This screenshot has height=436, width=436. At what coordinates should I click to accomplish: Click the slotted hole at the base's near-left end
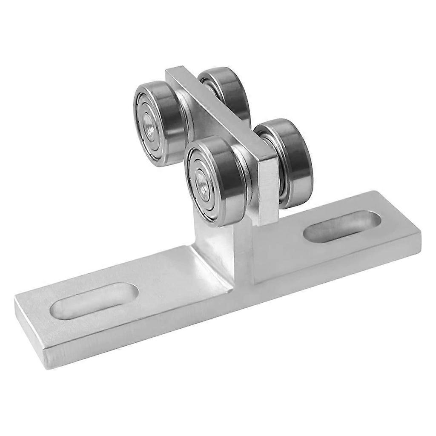tap(95, 301)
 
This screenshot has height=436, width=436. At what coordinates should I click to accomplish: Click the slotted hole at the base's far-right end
tap(342, 226)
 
